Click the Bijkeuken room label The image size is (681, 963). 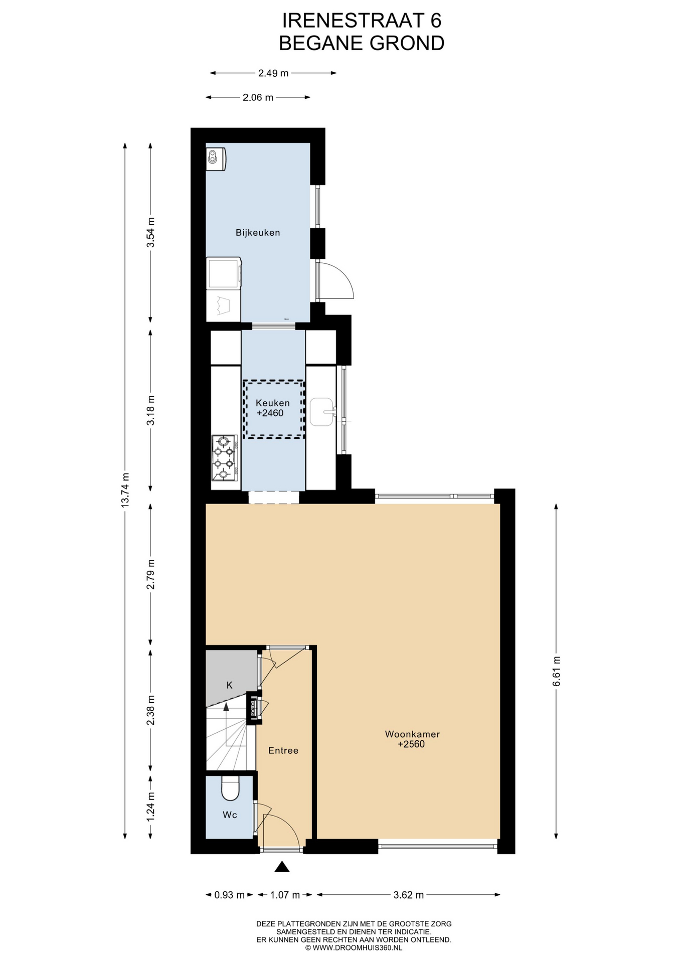tap(258, 233)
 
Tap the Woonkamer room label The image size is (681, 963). tap(412, 734)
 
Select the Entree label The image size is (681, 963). tap(283, 750)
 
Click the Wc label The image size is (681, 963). tap(230, 815)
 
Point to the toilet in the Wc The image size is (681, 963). tap(231, 789)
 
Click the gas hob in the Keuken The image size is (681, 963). tap(224, 457)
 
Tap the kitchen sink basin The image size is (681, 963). tap(321, 412)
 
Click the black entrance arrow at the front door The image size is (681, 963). tap(282, 866)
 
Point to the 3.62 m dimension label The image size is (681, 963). tap(409, 895)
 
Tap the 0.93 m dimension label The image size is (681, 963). tap(230, 895)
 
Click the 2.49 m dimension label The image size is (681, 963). tap(273, 73)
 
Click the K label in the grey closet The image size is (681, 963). tap(230, 685)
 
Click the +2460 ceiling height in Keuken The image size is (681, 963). tap(270, 413)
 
